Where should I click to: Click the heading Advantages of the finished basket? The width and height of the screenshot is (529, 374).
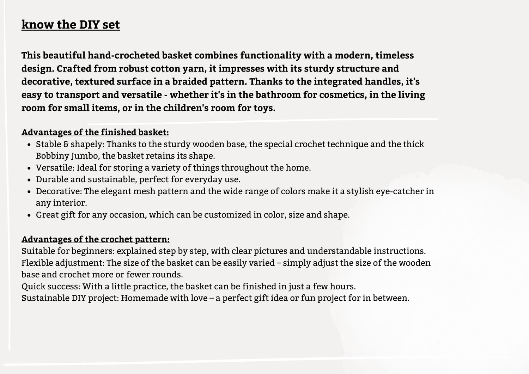(95, 132)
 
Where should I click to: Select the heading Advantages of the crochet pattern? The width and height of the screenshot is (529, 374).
(96, 239)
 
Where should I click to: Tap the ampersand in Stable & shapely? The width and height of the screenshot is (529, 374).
(66, 144)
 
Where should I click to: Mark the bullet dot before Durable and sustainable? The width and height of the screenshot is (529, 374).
(29, 180)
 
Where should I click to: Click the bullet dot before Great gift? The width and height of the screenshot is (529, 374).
(29, 215)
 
